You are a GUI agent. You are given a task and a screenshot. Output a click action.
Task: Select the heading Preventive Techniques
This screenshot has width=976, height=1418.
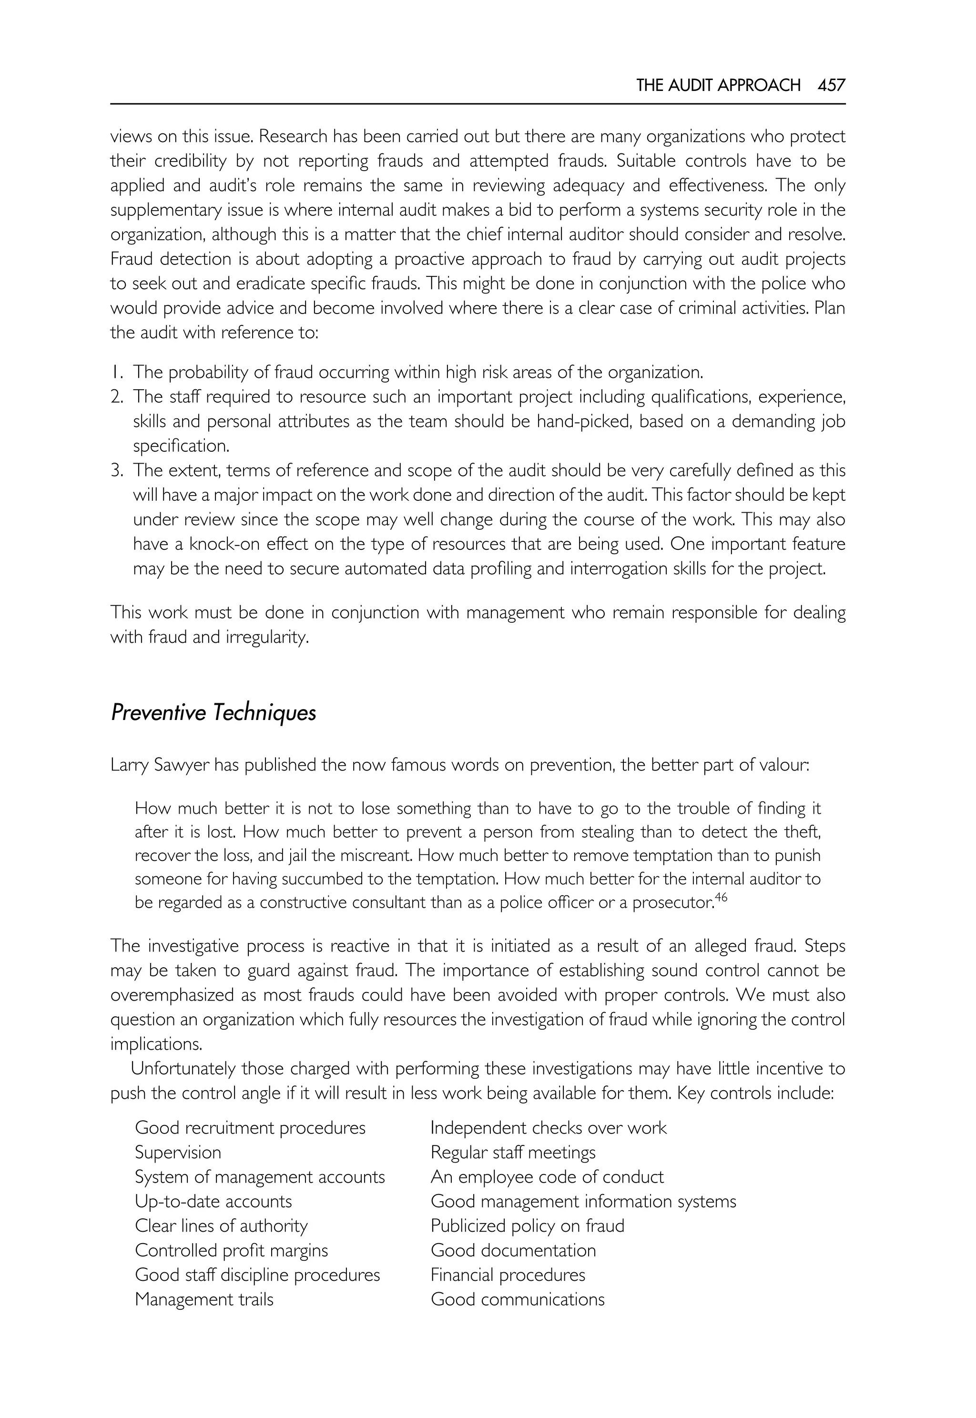point(213,713)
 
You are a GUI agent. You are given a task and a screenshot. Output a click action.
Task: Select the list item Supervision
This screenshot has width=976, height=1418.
point(178,1153)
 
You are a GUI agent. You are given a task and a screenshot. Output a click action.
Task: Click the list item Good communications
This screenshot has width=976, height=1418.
point(518,1299)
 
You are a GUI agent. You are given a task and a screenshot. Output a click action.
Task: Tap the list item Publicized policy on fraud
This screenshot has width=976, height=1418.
point(527,1226)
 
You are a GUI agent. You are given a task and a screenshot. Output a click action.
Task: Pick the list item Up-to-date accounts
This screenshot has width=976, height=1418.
point(213,1202)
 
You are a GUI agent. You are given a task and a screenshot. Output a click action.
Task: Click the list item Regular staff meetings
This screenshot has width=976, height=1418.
point(512,1153)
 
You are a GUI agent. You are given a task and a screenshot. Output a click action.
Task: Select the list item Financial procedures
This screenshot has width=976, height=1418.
point(508,1275)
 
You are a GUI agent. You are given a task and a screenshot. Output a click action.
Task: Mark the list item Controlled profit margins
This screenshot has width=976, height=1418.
point(231,1250)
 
